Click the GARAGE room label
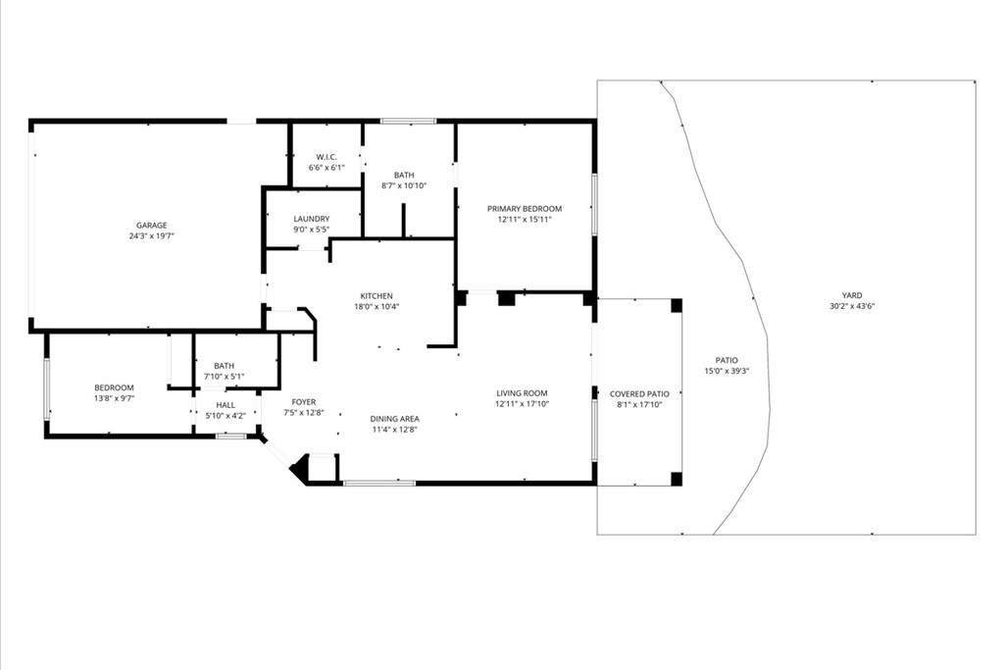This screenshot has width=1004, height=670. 151,226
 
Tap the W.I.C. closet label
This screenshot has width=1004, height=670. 326,157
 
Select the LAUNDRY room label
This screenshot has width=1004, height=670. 312,219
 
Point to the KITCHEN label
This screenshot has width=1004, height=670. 376,296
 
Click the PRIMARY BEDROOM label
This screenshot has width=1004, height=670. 526,209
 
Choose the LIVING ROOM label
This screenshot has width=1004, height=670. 521,393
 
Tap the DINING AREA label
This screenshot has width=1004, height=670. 395,419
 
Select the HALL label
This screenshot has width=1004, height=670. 226,404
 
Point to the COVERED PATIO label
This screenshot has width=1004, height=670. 639,393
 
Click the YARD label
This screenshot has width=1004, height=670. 851,295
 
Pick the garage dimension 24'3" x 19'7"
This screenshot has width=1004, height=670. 151,236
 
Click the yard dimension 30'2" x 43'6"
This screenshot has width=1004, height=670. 851,306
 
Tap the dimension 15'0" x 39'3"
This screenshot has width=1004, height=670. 721,371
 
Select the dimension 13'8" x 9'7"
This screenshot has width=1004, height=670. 114,398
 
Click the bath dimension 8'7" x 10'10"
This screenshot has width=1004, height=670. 404,185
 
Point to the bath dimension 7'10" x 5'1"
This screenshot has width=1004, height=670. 224,376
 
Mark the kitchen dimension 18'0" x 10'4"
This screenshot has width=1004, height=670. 376,307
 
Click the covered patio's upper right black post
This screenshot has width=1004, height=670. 676,305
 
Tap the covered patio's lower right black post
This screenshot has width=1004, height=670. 676,479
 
